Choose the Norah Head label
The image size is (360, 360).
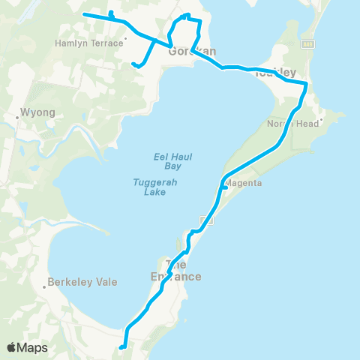pos(287,123)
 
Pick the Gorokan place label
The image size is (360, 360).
pos(192,52)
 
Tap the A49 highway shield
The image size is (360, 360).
pos(307,44)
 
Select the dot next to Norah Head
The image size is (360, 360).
pos(321,119)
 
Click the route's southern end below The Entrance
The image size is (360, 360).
pos(121,346)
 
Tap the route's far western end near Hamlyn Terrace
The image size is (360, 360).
pos(83,14)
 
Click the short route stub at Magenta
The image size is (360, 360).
pos(226,189)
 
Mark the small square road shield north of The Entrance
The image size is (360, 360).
pos(208,220)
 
